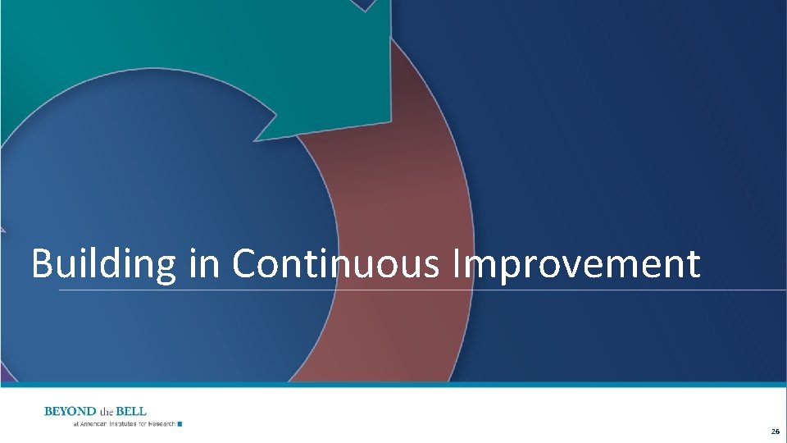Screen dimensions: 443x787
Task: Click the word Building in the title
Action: pos(102,265)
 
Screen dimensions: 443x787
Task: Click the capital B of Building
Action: pos(41,264)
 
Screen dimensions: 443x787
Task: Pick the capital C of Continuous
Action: pos(245,264)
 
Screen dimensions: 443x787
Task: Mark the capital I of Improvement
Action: pos(456,264)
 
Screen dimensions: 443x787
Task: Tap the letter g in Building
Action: pos(163,269)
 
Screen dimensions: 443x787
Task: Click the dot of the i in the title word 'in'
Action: pos(193,250)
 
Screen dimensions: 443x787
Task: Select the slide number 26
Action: pos(775,432)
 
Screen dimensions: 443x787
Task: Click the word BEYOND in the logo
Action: pos(70,411)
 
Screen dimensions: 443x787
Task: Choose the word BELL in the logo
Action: pos(133,411)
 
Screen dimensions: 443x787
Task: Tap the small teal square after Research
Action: pos(180,424)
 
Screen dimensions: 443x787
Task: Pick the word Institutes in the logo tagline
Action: pos(125,424)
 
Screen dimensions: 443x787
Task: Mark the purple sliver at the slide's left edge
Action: pos(4,374)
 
